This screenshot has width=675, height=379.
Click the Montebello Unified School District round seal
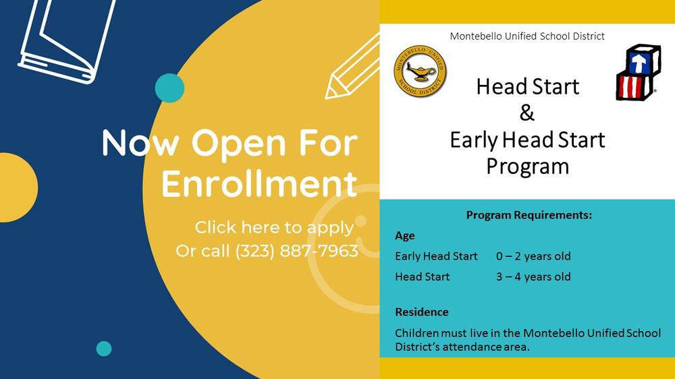tap(420, 71)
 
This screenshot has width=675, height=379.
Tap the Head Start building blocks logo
tap(638, 72)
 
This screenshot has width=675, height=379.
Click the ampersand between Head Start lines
tap(527, 113)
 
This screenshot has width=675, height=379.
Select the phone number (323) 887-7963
tap(297, 251)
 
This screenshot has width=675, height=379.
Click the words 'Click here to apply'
tap(274, 227)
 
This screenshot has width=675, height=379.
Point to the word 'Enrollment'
tap(259, 184)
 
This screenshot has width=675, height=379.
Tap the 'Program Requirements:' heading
tap(529, 215)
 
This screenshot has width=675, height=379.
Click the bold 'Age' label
tap(405, 236)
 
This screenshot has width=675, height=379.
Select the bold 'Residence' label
tap(422, 312)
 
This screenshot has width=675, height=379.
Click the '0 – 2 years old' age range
tap(533, 256)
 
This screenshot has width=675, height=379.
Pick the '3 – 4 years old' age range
tap(533, 276)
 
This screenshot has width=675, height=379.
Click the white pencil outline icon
tap(352, 67)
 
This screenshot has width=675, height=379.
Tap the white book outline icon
tap(67, 41)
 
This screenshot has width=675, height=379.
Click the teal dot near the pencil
tap(169, 88)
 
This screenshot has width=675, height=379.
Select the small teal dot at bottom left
tap(104, 349)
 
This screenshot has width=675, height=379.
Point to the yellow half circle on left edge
tap(18, 187)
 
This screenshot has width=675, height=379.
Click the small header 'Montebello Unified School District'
tap(527, 36)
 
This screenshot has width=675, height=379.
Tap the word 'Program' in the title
tap(528, 167)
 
